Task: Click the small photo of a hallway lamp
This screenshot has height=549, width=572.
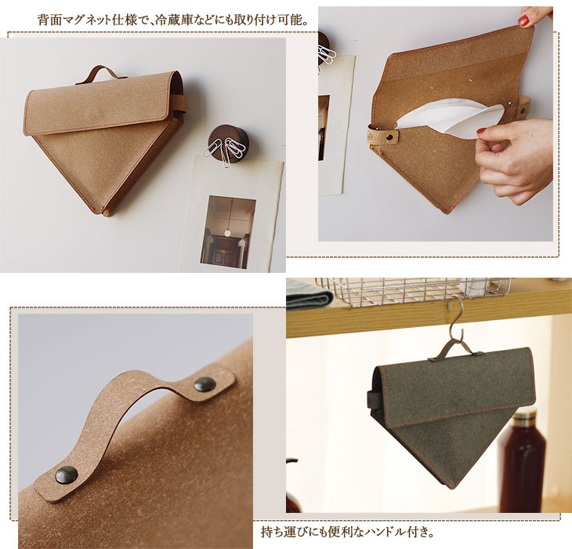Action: click(228, 232)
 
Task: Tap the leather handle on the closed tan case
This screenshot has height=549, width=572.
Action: click(101, 74)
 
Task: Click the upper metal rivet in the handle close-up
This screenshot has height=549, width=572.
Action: click(205, 384)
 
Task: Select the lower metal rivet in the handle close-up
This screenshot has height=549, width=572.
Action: click(67, 475)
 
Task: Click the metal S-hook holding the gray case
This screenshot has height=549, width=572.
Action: click(456, 318)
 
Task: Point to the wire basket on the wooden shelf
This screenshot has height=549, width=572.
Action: click(413, 291)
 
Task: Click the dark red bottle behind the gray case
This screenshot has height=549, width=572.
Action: click(523, 463)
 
